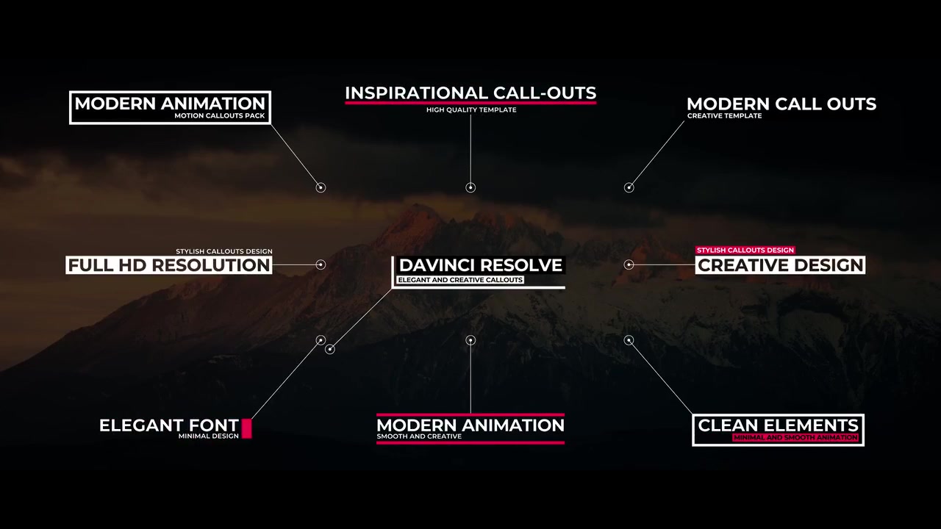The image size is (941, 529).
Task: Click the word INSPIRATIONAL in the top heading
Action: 416,93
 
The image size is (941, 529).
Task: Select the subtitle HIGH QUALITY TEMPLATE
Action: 471,110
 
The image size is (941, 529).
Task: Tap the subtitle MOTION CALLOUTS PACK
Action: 220,115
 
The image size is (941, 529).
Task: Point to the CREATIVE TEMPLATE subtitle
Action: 724,116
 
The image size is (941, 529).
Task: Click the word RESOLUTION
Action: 211,265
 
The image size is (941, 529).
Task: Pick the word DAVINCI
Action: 437,265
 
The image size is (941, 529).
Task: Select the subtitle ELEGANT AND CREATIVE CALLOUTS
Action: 460,280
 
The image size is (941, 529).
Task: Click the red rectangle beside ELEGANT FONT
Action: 246,428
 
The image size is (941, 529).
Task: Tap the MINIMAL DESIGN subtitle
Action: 208,436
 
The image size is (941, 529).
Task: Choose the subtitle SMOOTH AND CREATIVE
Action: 419,436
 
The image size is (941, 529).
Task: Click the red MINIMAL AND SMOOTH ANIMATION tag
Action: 795,437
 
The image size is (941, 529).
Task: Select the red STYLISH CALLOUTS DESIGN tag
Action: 745,251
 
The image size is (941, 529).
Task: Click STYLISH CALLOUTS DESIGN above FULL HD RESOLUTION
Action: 224,251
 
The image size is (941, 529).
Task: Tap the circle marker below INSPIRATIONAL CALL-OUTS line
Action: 470,187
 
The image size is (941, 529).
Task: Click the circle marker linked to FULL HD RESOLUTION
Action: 321,264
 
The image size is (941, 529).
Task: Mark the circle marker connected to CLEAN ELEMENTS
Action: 629,340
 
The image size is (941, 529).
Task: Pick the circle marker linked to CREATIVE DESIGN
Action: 629,264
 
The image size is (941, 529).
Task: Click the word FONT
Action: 213,425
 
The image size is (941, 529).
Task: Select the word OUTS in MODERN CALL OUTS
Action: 851,104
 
